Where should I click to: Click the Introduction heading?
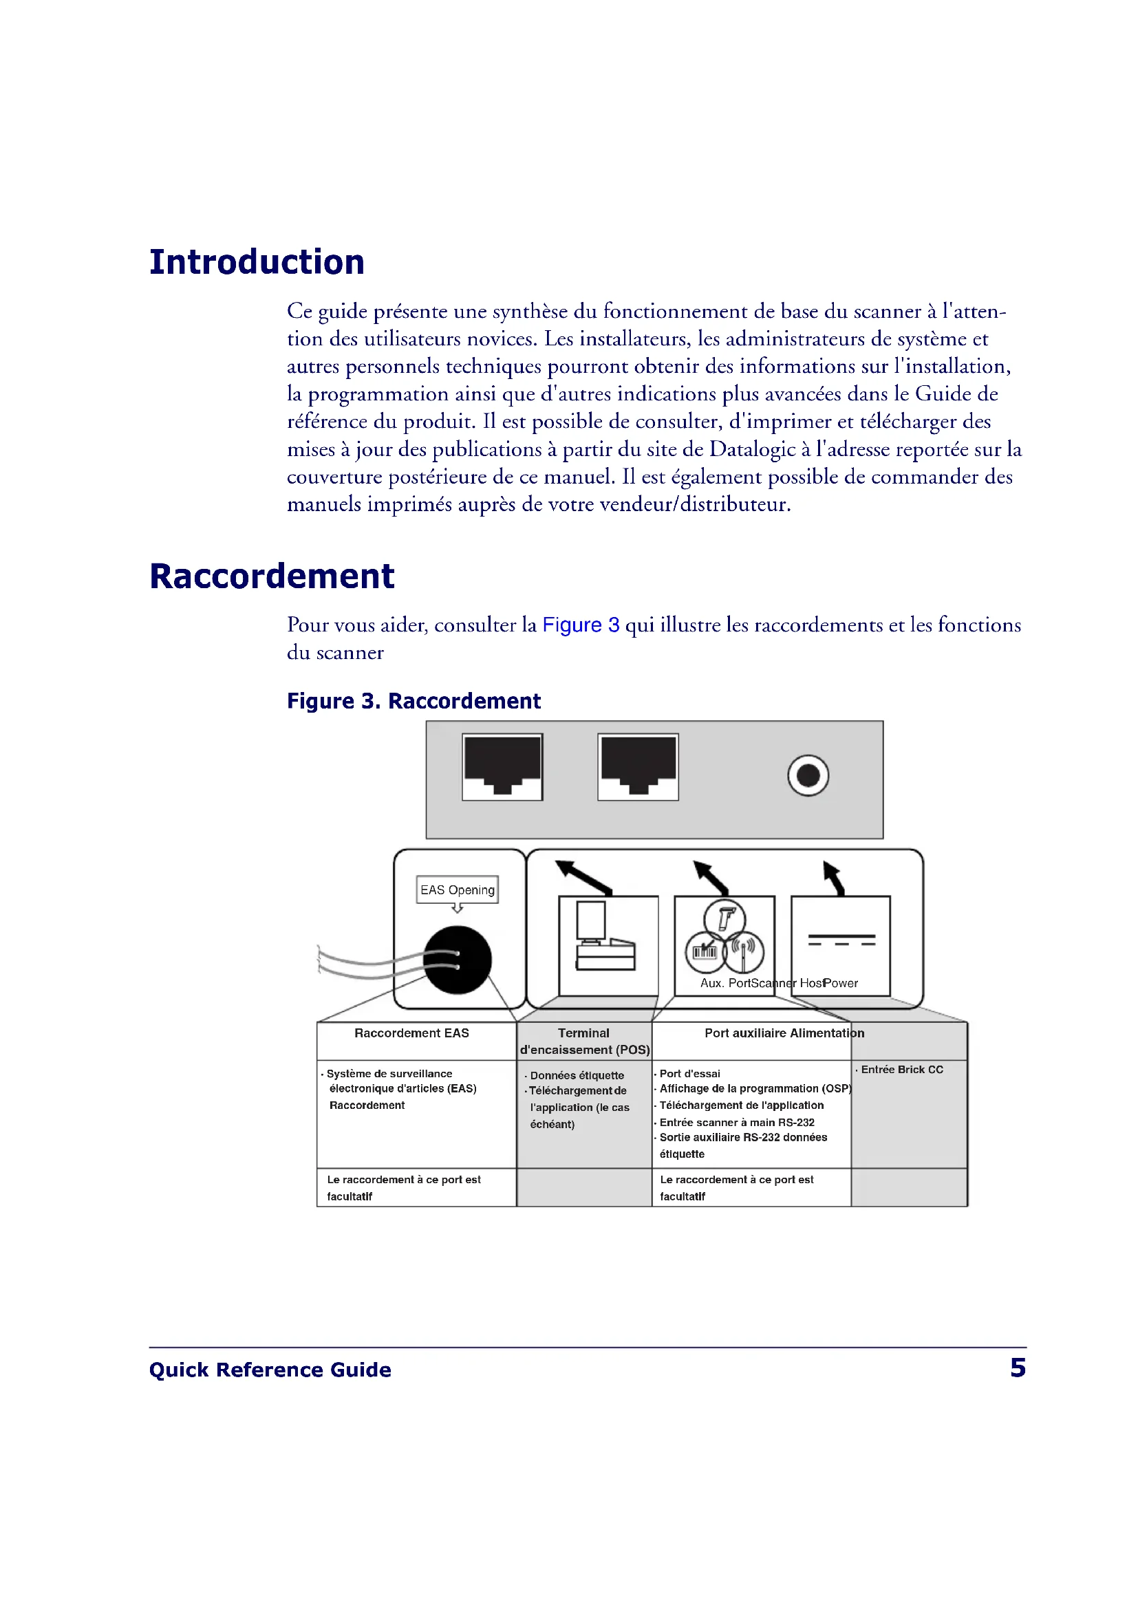click(257, 262)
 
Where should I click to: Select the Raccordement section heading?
click(272, 576)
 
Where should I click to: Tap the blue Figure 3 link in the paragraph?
click(580, 625)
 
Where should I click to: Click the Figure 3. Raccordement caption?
click(414, 701)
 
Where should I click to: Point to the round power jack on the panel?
click(808, 775)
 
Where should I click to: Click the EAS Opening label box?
click(457, 889)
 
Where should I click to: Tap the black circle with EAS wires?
click(457, 960)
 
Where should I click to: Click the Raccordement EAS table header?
click(411, 1033)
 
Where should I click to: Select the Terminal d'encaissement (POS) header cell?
click(584, 1041)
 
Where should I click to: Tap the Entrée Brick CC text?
click(902, 1070)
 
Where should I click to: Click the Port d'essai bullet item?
click(689, 1074)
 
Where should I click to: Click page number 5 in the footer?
click(1018, 1368)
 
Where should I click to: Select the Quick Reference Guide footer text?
click(270, 1370)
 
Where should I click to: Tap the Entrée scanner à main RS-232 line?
click(736, 1122)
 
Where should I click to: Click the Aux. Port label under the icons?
click(724, 983)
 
